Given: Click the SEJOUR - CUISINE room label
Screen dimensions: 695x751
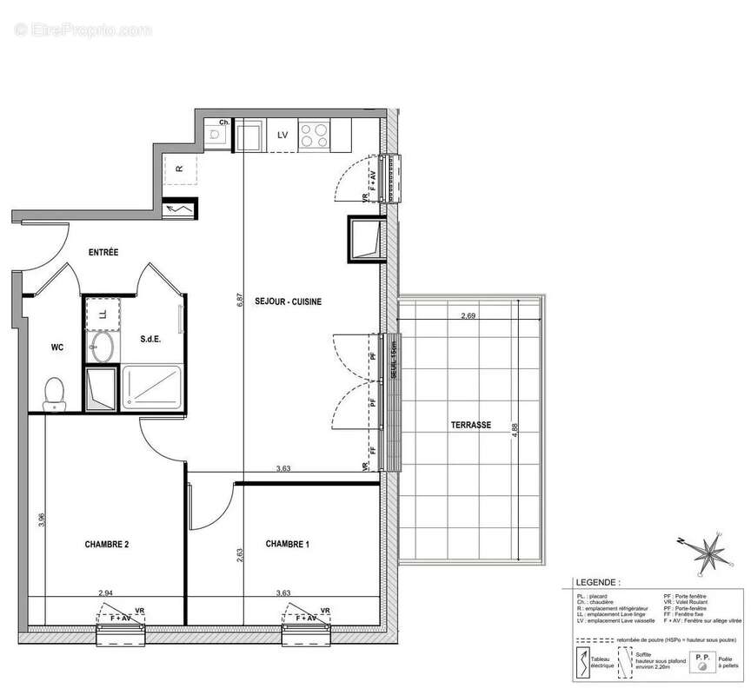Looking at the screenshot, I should click(x=288, y=301).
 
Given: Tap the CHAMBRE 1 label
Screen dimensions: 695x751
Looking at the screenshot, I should click(x=287, y=545).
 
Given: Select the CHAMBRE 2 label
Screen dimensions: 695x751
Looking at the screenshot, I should click(x=107, y=545).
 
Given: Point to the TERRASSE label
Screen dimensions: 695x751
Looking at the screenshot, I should click(x=470, y=426).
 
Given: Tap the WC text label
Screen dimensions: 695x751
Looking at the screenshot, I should click(x=57, y=347).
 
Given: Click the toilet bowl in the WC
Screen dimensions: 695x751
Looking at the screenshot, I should click(x=56, y=392).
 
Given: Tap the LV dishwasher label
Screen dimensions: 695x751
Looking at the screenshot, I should click(x=282, y=136).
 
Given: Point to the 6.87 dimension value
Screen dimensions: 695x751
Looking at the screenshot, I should click(x=240, y=301).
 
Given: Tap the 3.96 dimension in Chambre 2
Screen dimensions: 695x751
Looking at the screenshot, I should click(x=41, y=520).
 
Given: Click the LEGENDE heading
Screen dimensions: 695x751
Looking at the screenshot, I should click(x=597, y=583).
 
